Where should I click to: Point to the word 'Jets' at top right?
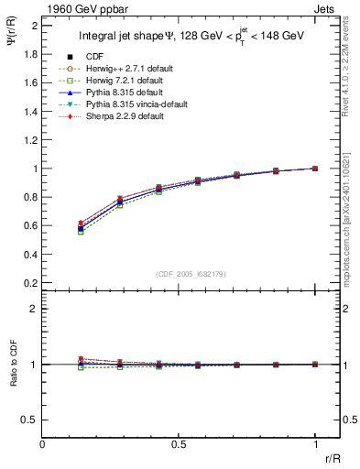[x=325, y=7]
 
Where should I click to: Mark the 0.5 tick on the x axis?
[x=179, y=442]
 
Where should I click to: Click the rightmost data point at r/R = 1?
[x=315, y=169]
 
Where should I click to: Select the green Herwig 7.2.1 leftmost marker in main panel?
[x=81, y=232]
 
